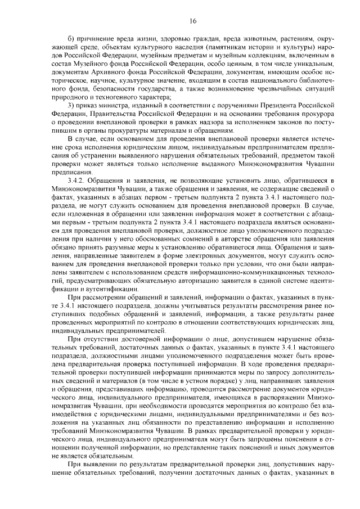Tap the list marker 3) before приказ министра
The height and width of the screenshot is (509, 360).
pos(70,107)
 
